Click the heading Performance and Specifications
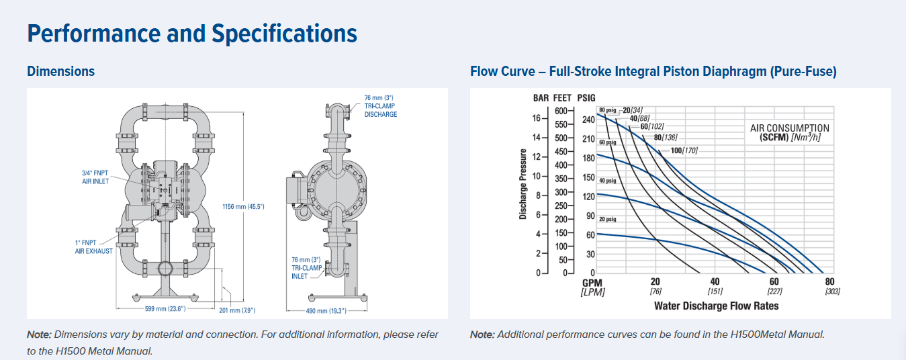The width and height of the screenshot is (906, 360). [x=192, y=34]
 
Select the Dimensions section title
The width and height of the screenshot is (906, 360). [x=60, y=71]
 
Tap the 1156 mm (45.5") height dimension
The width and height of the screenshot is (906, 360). [x=243, y=206]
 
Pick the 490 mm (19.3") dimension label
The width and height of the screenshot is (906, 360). [x=326, y=310]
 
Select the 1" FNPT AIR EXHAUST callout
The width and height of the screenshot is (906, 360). [x=93, y=246]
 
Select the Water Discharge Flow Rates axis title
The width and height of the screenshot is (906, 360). [x=716, y=306]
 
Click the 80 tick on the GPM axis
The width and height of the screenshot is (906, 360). [x=830, y=282]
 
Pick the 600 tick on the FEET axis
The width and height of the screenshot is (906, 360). [x=561, y=111]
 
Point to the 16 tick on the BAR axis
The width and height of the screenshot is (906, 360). [x=536, y=118]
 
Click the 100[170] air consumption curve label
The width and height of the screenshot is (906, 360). [x=684, y=150]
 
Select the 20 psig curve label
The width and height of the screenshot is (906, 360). [x=607, y=219]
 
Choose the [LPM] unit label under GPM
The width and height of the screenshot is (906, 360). [x=592, y=291]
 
